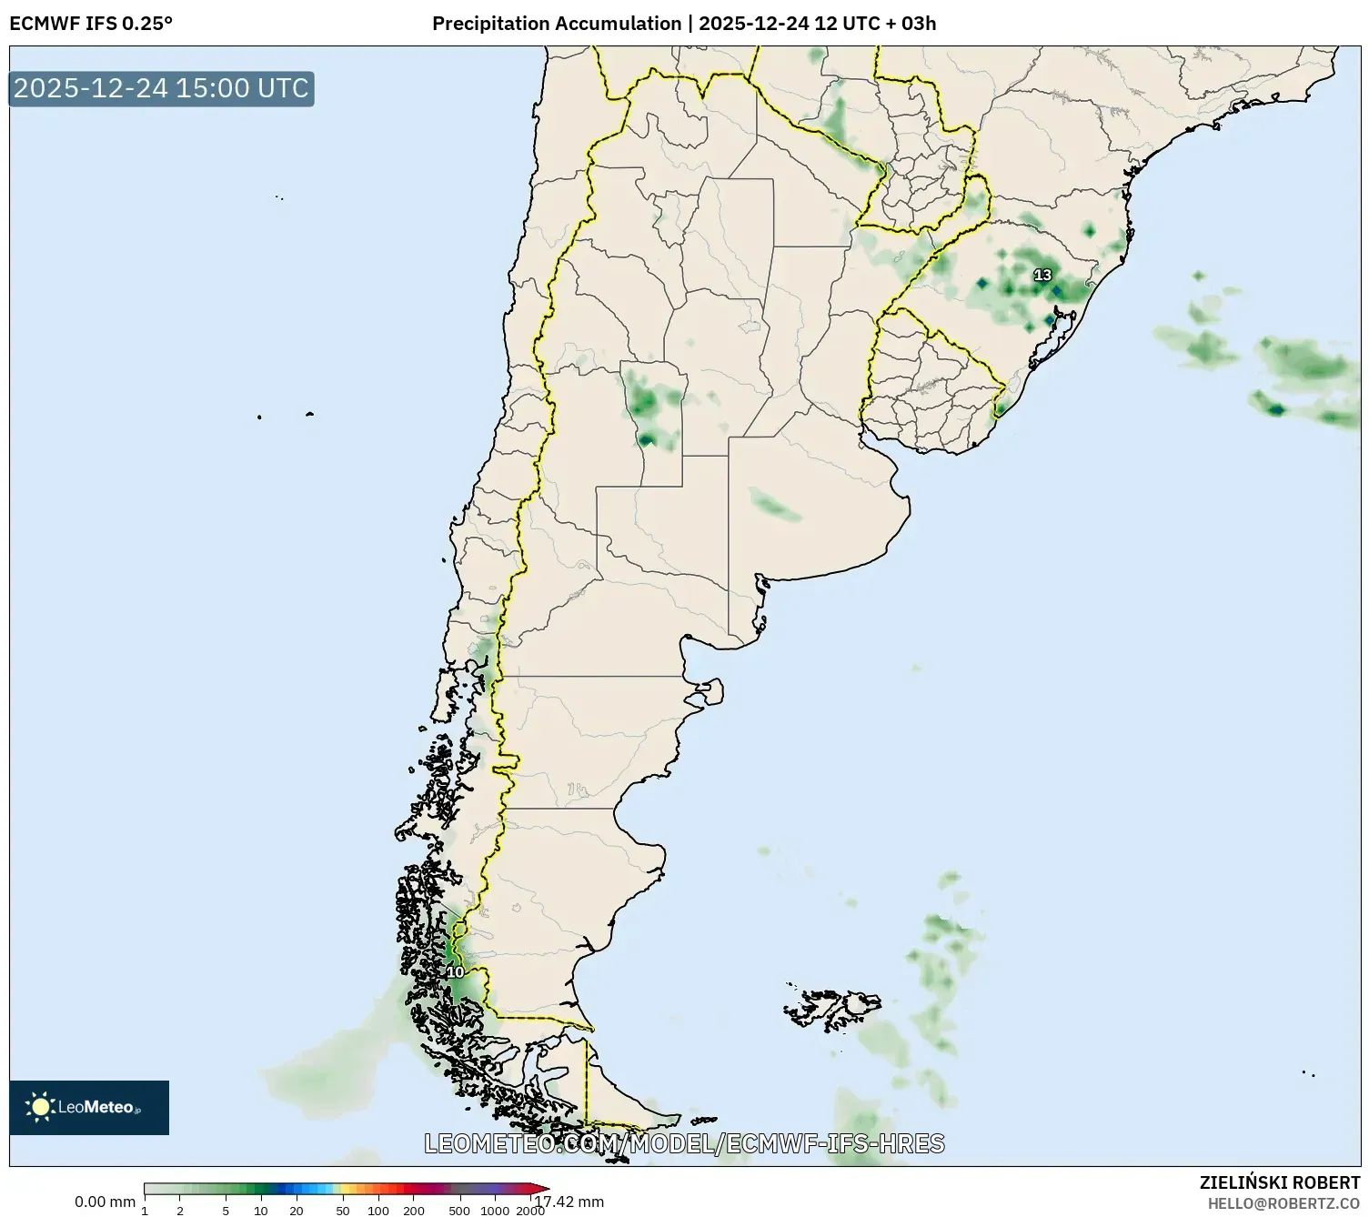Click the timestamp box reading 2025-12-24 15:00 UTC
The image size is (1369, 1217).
click(161, 88)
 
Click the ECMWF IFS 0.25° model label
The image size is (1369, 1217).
click(91, 24)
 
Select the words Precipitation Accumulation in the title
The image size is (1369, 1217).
click(556, 24)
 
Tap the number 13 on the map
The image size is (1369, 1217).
click(1042, 275)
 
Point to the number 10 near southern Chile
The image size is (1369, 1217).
click(455, 972)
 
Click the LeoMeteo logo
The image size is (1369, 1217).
click(89, 1107)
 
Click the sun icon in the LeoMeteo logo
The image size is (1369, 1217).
click(40, 1107)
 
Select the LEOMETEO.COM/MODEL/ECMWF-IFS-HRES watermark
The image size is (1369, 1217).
click(684, 1143)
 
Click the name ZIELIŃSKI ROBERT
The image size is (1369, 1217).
click(1279, 1182)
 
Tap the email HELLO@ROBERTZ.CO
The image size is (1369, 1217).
click(1283, 1202)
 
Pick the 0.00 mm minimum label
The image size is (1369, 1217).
click(105, 1202)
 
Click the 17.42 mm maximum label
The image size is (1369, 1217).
click(570, 1202)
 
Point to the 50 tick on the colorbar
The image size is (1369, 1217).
click(342, 1210)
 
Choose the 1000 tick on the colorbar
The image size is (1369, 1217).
click(494, 1210)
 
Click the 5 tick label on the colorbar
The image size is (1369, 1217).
click(226, 1210)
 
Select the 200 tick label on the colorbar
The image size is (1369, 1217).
click(413, 1210)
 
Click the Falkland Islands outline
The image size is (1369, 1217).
click(832, 1006)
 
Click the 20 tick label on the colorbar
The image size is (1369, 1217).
click(296, 1210)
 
